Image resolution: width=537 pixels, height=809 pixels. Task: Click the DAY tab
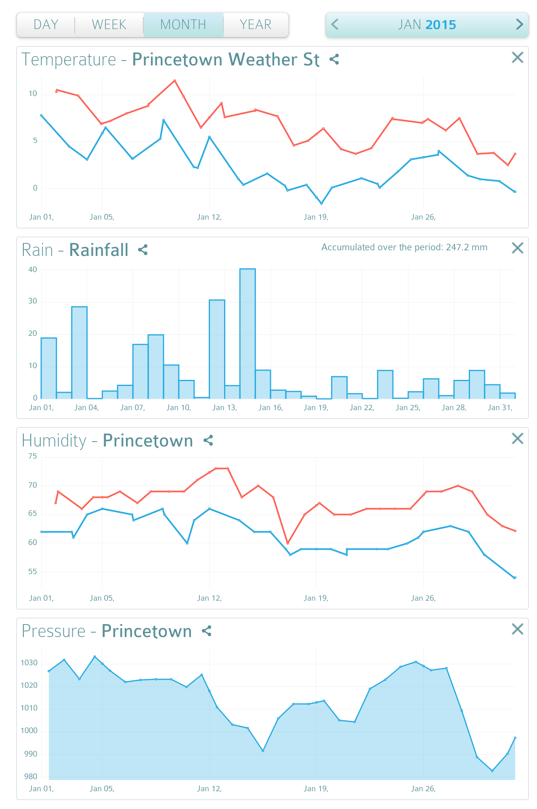(x=46, y=25)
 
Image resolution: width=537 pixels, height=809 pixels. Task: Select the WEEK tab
(x=109, y=25)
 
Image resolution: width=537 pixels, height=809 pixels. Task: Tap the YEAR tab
(x=256, y=25)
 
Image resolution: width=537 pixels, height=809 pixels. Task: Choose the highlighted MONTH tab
(x=183, y=25)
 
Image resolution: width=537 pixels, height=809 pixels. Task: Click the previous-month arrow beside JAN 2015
(x=335, y=25)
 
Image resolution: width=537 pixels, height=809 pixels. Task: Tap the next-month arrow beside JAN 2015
(x=519, y=25)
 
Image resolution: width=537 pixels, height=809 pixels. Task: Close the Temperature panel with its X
(x=517, y=58)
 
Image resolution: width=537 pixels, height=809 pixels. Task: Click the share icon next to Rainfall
(x=143, y=250)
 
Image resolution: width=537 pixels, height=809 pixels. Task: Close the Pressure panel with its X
(x=517, y=629)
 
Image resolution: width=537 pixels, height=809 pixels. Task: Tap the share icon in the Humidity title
(x=208, y=440)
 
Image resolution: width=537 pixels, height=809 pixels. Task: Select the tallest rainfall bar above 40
(x=248, y=333)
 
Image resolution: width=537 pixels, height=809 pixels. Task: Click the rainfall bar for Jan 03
(x=80, y=352)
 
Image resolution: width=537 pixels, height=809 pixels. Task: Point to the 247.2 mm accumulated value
(x=466, y=247)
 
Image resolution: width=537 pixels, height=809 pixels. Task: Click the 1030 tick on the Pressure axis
(x=29, y=663)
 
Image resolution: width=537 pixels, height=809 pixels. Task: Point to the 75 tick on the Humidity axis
(x=33, y=456)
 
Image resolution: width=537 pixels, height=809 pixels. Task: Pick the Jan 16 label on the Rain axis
(x=271, y=408)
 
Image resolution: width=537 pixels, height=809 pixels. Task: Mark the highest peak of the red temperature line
(x=174, y=81)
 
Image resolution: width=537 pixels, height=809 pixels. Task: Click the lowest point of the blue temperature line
(x=321, y=203)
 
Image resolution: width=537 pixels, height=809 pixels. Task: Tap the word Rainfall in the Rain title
(x=99, y=250)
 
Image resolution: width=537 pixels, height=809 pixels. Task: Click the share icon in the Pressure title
(x=207, y=631)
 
